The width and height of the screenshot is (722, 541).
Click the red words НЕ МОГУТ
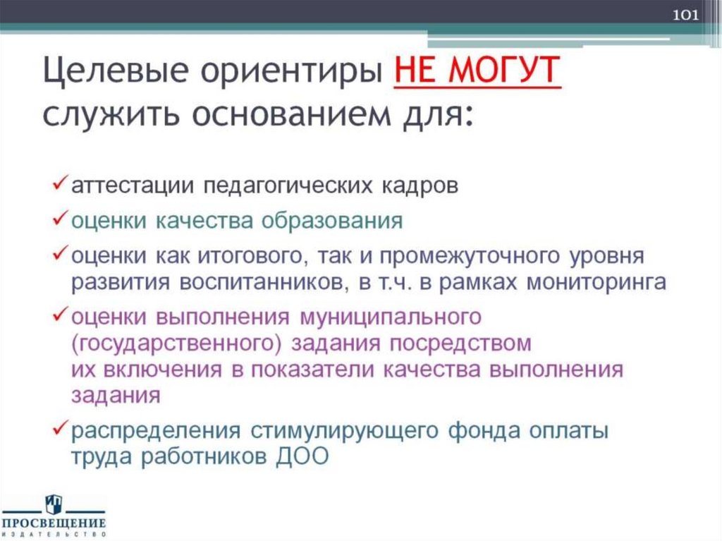pyautogui.click(x=477, y=72)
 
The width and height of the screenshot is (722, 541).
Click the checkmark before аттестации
pyautogui.click(x=60, y=184)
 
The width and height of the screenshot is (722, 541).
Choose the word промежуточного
pyautogui.click(x=434, y=254)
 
